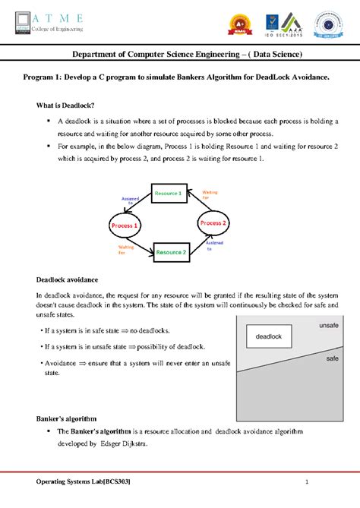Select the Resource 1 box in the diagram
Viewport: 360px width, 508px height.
click(x=168, y=194)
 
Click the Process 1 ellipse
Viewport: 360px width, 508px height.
click(x=125, y=226)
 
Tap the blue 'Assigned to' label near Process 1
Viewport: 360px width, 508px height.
click(x=127, y=200)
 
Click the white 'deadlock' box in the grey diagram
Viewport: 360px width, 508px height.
click(x=268, y=336)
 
